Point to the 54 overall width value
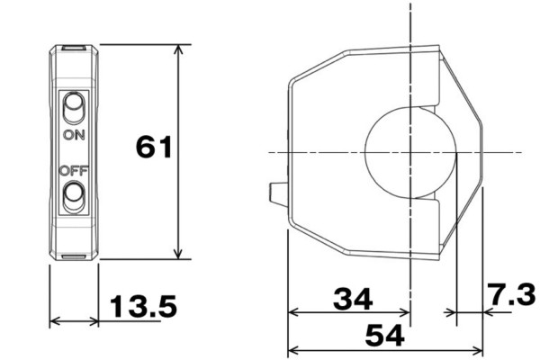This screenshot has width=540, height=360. coord(384,337)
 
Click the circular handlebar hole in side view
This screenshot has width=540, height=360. coord(410,151)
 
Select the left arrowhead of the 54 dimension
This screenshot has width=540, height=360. coord(292,349)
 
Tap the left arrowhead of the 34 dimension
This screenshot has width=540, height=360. coord(292,314)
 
